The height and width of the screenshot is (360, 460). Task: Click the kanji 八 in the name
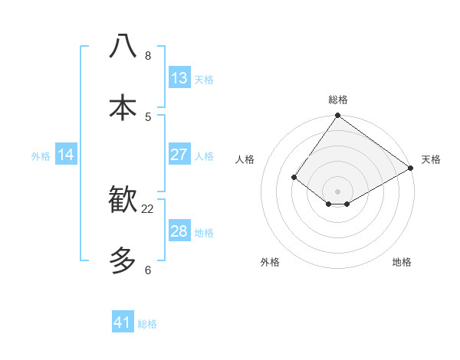[x=123, y=47]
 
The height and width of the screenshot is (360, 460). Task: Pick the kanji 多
[x=123, y=261]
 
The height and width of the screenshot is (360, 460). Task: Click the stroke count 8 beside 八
[x=148, y=56]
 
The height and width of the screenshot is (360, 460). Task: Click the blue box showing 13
[x=179, y=78]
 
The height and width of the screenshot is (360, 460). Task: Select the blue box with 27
[x=179, y=155]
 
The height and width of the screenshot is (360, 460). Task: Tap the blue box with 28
[x=179, y=231]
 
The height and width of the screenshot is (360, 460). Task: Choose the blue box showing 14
[x=66, y=155]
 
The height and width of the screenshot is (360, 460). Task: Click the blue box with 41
[x=123, y=322]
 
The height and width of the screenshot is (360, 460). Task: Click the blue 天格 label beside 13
[x=204, y=80]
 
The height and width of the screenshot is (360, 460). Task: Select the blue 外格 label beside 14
[x=41, y=156]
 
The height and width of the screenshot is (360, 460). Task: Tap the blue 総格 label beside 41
[x=147, y=324]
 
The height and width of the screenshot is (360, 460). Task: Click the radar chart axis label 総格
[x=338, y=100]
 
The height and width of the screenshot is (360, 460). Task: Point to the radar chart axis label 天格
[x=431, y=159]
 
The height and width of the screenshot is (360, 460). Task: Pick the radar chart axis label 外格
[x=270, y=262]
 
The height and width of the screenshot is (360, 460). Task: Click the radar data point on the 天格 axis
[x=411, y=168]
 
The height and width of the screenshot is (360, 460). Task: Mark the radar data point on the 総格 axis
[x=338, y=116]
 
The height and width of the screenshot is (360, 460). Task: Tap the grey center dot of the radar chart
[x=338, y=191]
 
